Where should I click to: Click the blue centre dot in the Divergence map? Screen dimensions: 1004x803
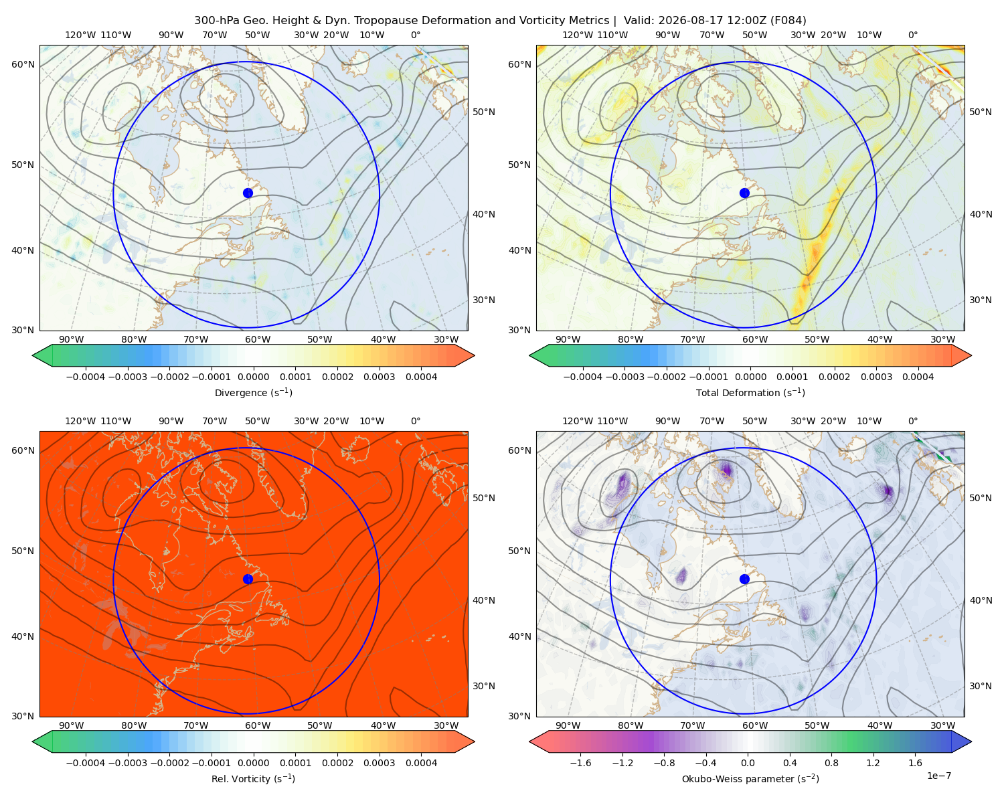(248, 193)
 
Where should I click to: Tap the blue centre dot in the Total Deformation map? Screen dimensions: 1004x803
(744, 193)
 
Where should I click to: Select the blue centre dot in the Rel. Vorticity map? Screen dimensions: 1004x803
(248, 579)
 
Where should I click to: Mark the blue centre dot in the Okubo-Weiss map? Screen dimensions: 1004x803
(744, 579)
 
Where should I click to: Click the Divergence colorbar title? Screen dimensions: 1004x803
(253, 392)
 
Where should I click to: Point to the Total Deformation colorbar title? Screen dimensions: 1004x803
(750, 392)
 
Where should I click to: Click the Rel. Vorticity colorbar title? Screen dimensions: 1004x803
(253, 778)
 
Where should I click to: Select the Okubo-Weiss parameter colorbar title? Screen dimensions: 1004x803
(750, 778)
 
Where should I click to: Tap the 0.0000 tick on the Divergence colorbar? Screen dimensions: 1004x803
(253, 377)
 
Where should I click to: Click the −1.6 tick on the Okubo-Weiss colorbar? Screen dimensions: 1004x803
(580, 763)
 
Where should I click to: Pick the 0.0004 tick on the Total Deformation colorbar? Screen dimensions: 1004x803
(918, 377)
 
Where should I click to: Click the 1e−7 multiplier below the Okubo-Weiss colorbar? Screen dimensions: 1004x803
(938, 776)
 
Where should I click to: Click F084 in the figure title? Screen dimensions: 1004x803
(788, 21)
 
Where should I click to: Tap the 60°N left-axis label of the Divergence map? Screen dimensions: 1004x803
(23, 64)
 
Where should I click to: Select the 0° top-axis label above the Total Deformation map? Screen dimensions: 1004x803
(912, 35)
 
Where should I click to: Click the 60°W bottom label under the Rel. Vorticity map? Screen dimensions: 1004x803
(258, 725)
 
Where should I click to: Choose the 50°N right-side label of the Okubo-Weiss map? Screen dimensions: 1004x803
(980, 498)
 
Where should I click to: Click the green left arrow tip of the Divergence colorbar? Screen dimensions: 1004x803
(33, 355)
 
